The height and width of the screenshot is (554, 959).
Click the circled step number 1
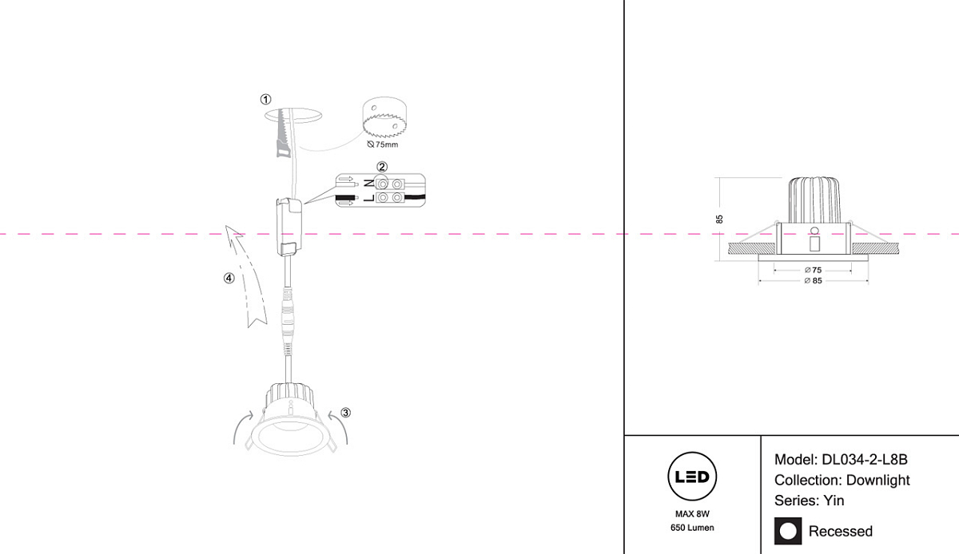click(265, 100)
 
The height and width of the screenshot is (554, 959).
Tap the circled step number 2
click(382, 167)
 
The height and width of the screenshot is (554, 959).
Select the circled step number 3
click(345, 413)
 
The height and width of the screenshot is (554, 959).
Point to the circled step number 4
click(229, 279)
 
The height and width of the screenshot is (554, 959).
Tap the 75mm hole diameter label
click(382, 145)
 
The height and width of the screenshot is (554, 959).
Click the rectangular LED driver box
click(288, 226)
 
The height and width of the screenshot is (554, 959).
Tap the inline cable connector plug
click(287, 315)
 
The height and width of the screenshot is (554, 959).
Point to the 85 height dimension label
click(719, 218)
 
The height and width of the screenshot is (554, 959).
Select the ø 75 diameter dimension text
click(812, 271)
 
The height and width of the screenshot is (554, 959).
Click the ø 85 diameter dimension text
click(812, 281)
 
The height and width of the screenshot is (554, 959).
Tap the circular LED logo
click(691, 477)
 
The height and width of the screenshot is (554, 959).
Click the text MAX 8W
click(692, 514)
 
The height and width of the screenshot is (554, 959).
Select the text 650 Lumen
click(692, 528)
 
